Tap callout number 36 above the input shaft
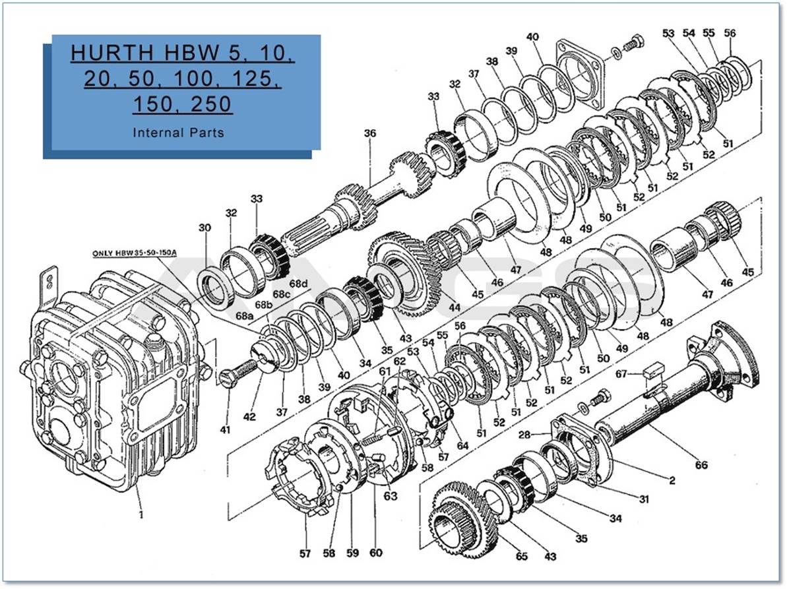pos(370,134)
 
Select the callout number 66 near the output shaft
pos(701,465)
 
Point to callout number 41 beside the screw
pos(226,430)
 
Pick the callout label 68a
pos(244,317)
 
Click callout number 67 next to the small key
pos(621,375)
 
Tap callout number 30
pos(205,228)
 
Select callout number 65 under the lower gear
pos(522,557)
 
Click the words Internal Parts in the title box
pos(178,133)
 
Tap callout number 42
pos(249,417)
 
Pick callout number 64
pos(462,445)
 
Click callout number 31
pos(644,499)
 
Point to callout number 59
pos(352,553)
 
